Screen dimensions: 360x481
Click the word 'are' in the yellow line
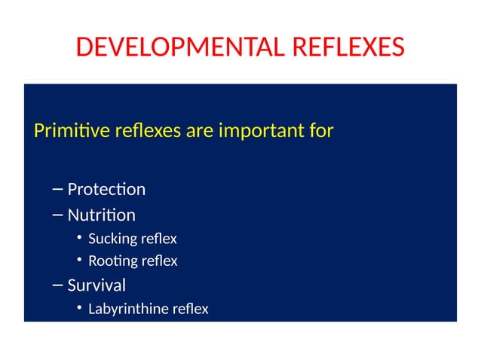(x=200, y=133)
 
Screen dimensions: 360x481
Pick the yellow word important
(x=261, y=133)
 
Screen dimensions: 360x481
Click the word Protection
(x=106, y=189)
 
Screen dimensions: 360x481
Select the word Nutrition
(x=102, y=215)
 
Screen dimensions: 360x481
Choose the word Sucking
(x=112, y=239)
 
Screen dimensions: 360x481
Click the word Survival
(x=97, y=285)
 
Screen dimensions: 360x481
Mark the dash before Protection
(x=58, y=190)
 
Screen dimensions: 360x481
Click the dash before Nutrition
(x=58, y=216)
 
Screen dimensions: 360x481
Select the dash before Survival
(x=58, y=286)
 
